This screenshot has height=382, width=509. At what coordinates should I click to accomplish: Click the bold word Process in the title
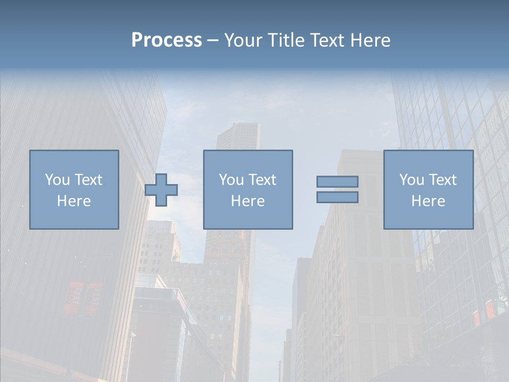(166, 40)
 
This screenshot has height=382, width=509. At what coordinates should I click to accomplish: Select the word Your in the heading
(243, 40)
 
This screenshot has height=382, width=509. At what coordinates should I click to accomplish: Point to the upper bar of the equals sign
(337, 182)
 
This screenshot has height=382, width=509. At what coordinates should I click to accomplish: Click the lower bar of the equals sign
(337, 197)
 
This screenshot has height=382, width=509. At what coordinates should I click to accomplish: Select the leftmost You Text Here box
(74, 189)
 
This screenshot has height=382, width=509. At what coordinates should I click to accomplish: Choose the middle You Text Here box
(248, 189)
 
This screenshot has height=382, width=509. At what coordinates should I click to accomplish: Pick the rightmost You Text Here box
(428, 189)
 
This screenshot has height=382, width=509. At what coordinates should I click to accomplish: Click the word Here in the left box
(74, 201)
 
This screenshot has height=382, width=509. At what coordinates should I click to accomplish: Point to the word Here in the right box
(428, 201)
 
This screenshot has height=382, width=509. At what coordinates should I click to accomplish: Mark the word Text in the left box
(89, 180)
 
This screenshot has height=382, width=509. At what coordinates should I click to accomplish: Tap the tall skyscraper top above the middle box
(238, 133)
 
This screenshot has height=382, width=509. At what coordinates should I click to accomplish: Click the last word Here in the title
(371, 40)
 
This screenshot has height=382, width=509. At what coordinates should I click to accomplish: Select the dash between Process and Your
(213, 41)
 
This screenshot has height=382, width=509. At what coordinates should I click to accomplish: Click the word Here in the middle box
(248, 201)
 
